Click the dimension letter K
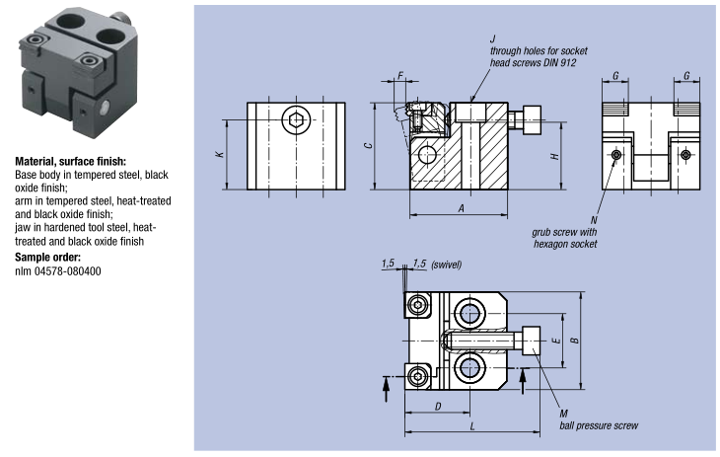[220, 155]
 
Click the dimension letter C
[367, 146]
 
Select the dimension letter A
[461, 207]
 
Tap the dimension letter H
[555, 156]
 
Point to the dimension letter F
[401, 75]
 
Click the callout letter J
[492, 38]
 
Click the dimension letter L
[471, 425]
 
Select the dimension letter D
[437, 405]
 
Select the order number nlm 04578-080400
[58, 270]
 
